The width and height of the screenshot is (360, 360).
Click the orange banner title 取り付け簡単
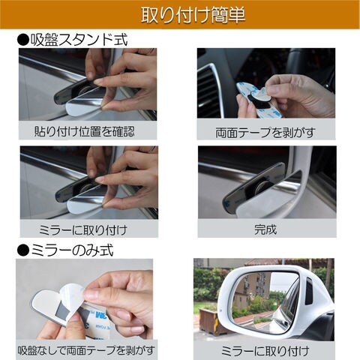(x=193, y=15)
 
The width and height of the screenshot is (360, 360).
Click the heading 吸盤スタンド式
(x=79, y=40)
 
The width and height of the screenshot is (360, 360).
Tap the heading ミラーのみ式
(x=72, y=250)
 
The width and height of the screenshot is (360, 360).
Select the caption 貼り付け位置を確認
(x=84, y=131)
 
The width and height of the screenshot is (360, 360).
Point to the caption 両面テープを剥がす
(x=265, y=133)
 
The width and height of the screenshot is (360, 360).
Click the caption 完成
(x=265, y=229)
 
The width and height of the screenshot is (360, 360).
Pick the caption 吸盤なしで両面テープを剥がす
(x=86, y=350)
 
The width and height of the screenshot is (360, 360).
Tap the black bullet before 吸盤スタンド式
(x=23, y=40)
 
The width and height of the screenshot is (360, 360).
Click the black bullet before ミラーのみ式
(x=23, y=250)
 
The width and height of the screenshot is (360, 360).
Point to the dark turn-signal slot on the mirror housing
(x=309, y=291)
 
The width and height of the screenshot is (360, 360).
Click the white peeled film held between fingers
(x=73, y=300)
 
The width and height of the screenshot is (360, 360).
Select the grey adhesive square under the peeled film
(x=62, y=313)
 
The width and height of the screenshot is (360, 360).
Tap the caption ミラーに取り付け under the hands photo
(x=83, y=230)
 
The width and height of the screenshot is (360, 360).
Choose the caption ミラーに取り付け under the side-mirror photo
(x=265, y=351)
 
